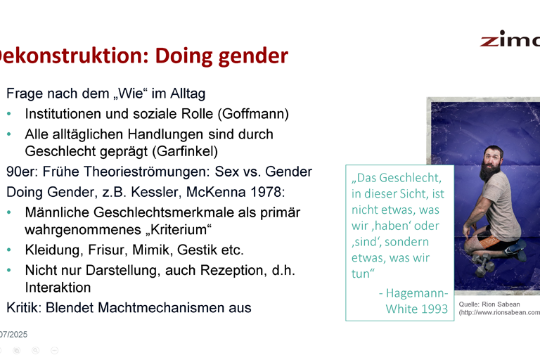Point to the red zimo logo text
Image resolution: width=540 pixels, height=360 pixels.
click(x=509, y=39)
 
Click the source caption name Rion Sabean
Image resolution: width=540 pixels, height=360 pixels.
click(x=501, y=304)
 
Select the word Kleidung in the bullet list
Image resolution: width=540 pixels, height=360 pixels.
click(x=53, y=250)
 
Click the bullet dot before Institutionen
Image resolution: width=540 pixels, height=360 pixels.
click(x=9, y=114)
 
